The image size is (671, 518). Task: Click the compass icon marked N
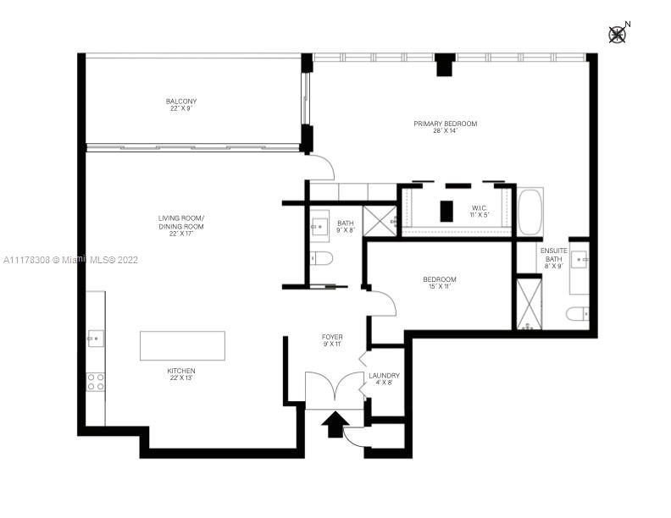[618, 34]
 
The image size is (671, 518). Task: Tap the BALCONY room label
[181, 102]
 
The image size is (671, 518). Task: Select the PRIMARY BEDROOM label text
[445, 124]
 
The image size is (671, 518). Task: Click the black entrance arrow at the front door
[335, 424]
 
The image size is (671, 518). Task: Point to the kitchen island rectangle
[182, 346]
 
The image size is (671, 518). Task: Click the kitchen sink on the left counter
[96, 339]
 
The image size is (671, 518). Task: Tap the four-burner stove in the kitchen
[96, 382]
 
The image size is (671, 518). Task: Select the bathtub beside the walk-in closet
[530, 212]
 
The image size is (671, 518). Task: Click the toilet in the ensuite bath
[578, 314]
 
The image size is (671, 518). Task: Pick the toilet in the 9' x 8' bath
[321, 258]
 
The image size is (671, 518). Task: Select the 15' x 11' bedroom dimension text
[440, 286]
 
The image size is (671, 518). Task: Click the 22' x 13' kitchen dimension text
[181, 377]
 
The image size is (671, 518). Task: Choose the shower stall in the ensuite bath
[530, 304]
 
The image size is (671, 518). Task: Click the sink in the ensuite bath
[579, 260]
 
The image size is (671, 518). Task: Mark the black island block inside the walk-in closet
[446, 211]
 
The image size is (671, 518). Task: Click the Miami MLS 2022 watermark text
[70, 260]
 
